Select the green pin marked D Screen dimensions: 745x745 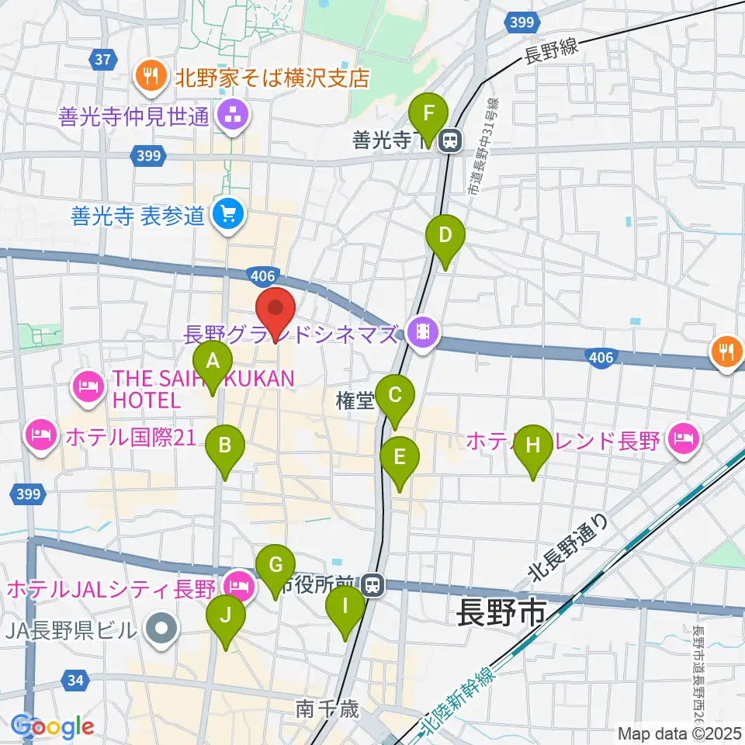tap(445, 235)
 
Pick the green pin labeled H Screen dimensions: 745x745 tap(532, 445)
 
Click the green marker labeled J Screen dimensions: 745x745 tap(226, 615)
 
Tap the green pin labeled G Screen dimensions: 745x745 tap(275, 566)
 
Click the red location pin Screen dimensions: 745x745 tap(275, 309)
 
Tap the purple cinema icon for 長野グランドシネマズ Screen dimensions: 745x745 tap(422, 334)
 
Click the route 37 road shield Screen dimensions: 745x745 tap(102, 58)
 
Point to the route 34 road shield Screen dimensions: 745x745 tap(75, 681)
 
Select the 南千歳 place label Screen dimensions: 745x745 tap(327, 709)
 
